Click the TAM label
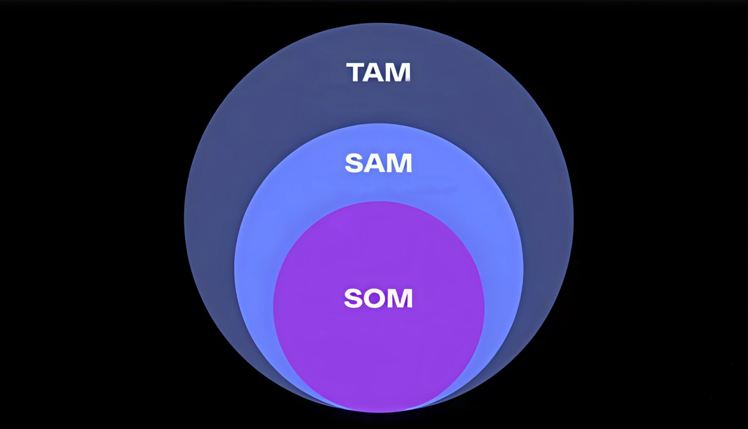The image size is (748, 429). click(x=378, y=72)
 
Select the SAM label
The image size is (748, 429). click(x=378, y=163)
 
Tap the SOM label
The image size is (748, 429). click(x=378, y=299)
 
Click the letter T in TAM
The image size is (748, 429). click(x=357, y=72)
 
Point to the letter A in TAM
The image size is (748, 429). click(x=376, y=72)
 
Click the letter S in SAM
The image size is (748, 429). click(x=354, y=163)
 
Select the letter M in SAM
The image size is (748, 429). click(x=399, y=163)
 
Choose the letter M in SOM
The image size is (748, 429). click(x=400, y=299)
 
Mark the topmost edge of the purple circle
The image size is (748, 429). click(x=378, y=201)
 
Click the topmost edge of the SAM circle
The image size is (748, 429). click(x=378, y=124)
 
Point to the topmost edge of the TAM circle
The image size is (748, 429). click(x=378, y=24)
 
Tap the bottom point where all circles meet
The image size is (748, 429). click(x=378, y=412)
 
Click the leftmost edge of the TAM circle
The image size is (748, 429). click(x=184, y=218)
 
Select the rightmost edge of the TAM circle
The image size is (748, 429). click(x=573, y=218)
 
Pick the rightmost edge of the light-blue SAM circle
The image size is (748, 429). click(x=523, y=268)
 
